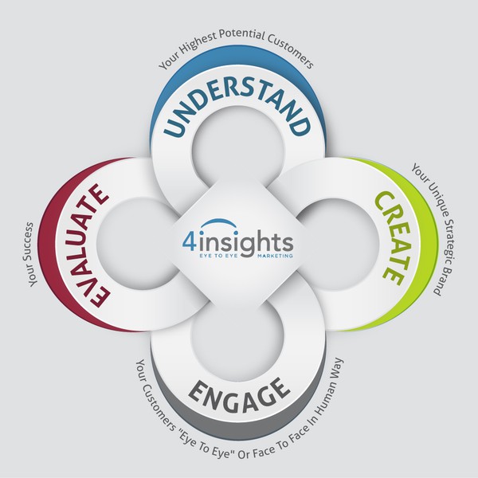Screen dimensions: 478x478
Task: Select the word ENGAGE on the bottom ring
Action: click(237, 391)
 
